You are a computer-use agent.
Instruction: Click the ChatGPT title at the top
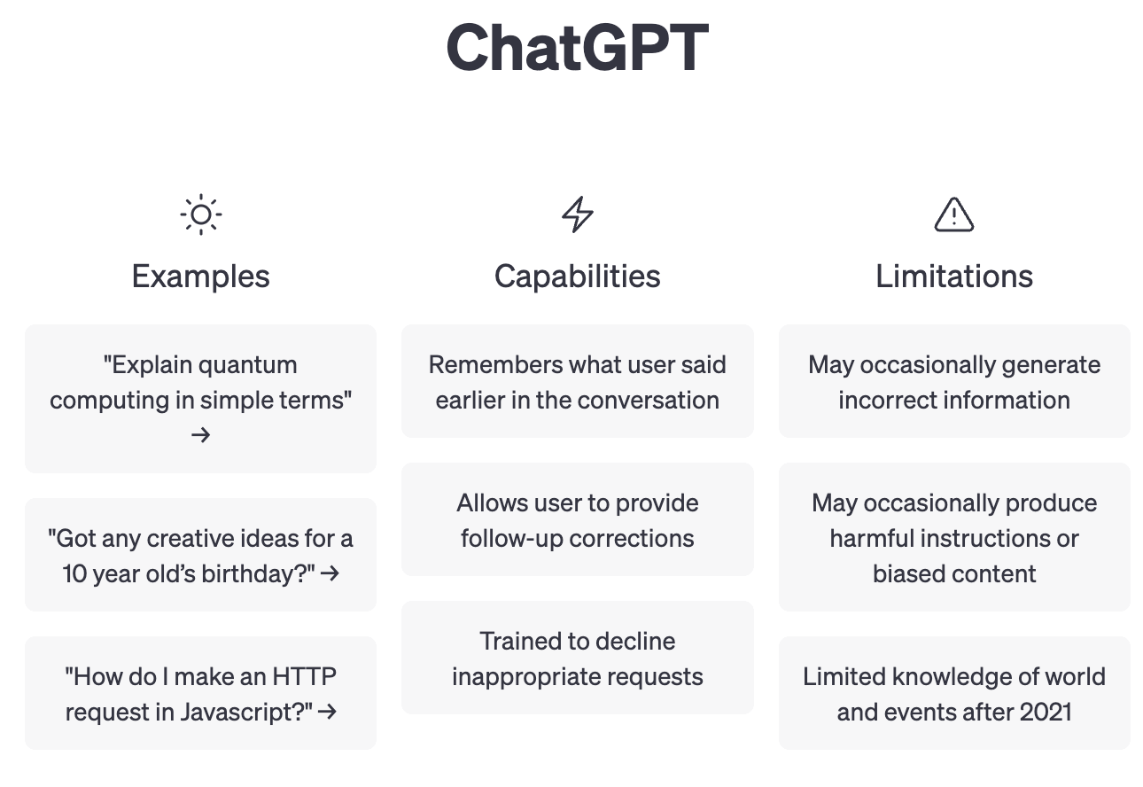click(x=577, y=48)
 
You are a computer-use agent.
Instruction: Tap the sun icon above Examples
click(x=201, y=214)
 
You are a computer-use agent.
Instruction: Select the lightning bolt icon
click(x=577, y=214)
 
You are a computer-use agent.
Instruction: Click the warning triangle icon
click(x=953, y=214)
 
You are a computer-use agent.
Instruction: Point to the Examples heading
click(x=200, y=277)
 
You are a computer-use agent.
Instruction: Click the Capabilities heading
click(x=577, y=277)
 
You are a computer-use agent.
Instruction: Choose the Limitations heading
click(x=954, y=277)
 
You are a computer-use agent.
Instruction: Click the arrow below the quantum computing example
click(x=200, y=435)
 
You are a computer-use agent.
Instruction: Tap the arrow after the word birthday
click(x=330, y=573)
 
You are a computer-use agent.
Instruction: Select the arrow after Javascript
click(x=327, y=712)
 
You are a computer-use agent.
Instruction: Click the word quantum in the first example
click(x=247, y=365)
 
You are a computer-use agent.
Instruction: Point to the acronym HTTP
click(x=304, y=677)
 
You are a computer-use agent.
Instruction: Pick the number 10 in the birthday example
click(x=74, y=573)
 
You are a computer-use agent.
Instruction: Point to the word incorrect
click(x=886, y=400)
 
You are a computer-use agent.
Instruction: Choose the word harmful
click(x=863, y=539)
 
